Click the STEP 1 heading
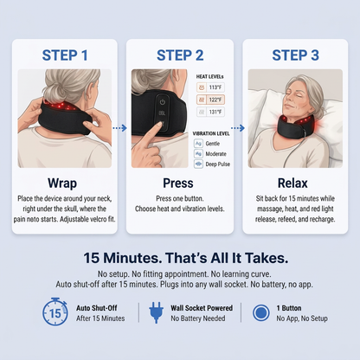tap(65, 55)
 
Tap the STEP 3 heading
tap(295, 55)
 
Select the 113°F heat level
tap(210, 87)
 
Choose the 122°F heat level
tap(210, 100)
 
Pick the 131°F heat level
tap(210, 112)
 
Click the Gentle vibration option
tap(207, 144)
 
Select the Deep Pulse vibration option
tap(212, 164)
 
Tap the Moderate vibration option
tap(210, 154)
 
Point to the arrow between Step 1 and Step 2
tap(119, 128)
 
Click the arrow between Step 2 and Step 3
tap(238, 128)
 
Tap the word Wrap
tap(62, 183)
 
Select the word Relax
tap(292, 183)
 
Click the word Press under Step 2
tap(178, 183)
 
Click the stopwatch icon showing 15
tap(55, 312)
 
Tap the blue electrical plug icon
tap(156, 312)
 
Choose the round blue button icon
tap(260, 312)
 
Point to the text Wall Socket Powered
tap(202, 308)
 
